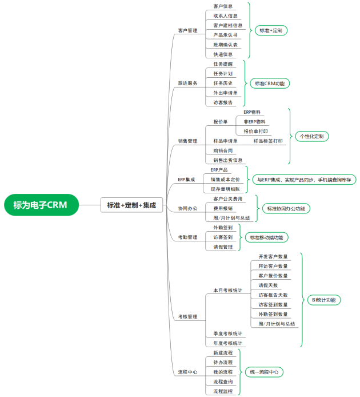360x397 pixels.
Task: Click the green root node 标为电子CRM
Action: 41,205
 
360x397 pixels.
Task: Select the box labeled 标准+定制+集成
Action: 131,205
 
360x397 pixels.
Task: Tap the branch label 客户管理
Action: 188,31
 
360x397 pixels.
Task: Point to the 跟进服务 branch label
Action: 188,84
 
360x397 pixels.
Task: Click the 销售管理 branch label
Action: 188,141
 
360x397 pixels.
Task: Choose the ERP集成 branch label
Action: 186,180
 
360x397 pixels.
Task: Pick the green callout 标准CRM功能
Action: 270,84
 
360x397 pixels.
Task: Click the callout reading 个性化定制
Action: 311,136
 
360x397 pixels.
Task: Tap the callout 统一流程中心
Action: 264,372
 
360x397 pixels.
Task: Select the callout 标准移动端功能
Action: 267,237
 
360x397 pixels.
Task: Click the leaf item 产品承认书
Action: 225,35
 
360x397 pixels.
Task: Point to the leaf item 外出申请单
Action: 225,93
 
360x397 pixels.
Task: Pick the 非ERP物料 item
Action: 254,122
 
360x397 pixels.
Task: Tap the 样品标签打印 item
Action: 268,141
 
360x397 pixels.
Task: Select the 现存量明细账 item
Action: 225,189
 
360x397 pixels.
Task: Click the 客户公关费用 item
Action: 228,199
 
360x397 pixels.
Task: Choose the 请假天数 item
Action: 268,285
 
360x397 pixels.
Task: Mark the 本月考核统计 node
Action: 228,291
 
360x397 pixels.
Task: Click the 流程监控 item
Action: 223,391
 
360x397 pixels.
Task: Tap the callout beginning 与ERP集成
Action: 305,180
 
